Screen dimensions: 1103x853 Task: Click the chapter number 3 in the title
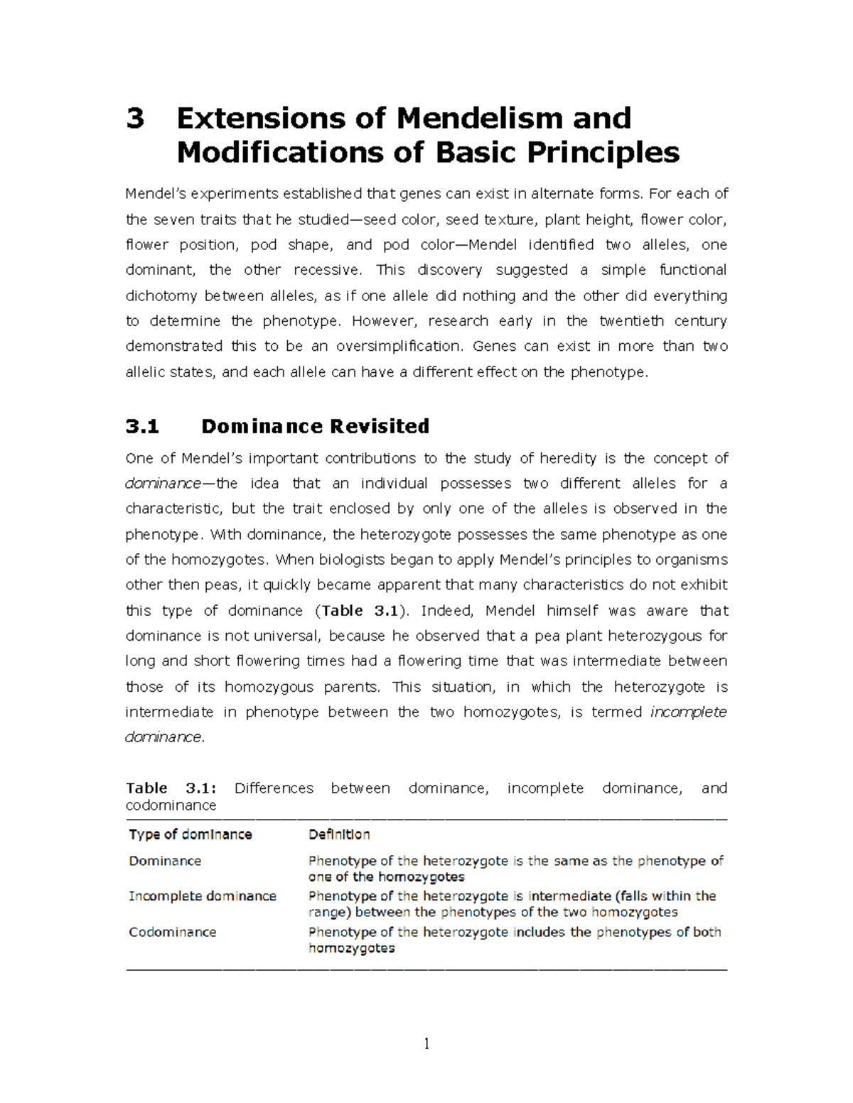click(135, 119)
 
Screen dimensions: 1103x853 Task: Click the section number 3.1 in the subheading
click(142, 426)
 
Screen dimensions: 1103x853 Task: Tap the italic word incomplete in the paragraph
click(689, 712)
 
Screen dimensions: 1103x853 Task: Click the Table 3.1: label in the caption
click(171, 788)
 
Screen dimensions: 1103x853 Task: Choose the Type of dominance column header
click(190, 835)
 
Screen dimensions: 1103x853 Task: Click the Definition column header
click(339, 835)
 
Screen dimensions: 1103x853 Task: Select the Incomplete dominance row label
click(202, 896)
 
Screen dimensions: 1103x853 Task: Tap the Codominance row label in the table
click(172, 933)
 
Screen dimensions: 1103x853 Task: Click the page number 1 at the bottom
click(426, 1043)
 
